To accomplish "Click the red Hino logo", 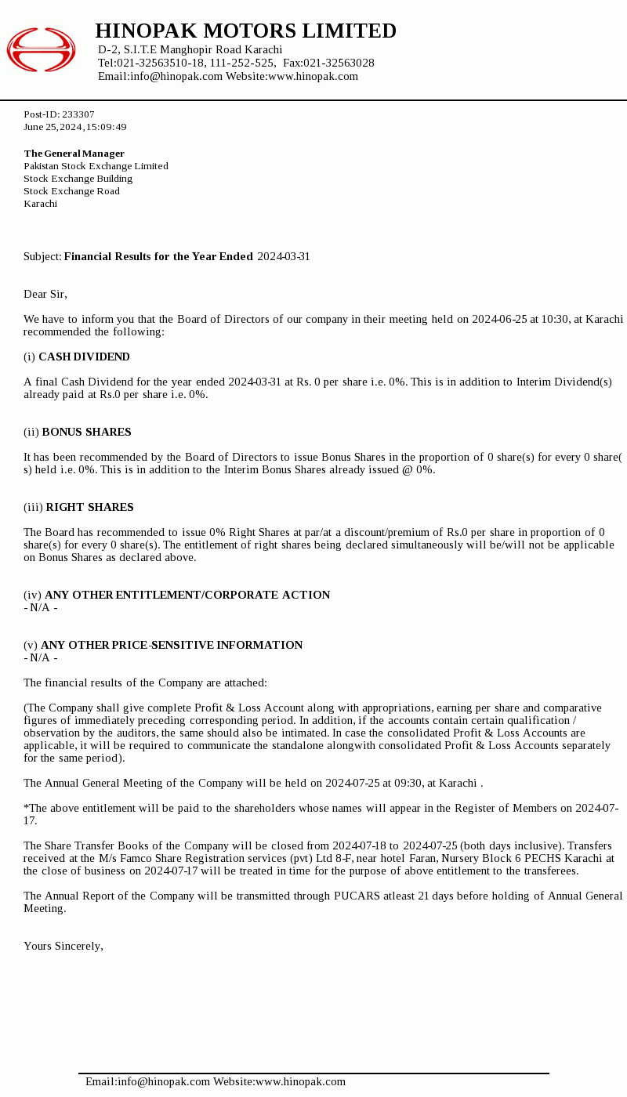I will (x=41, y=49).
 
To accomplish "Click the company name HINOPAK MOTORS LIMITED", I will (x=245, y=31).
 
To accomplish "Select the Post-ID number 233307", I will (x=78, y=114).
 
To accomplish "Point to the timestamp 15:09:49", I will (x=106, y=127).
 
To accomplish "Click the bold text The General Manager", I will (x=74, y=154).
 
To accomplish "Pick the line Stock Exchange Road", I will (x=71, y=191).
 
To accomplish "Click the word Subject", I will (x=42, y=256).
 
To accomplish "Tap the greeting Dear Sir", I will (x=45, y=294).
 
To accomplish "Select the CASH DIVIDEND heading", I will (x=84, y=357).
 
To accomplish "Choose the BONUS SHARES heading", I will (x=86, y=432).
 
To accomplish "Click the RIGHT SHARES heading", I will (x=89, y=507).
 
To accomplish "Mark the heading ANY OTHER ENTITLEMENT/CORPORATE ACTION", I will (x=187, y=595).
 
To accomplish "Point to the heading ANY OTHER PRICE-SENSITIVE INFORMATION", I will (x=171, y=645).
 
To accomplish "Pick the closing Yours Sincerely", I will (x=63, y=946).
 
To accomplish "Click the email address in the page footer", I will (x=164, y=1081).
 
